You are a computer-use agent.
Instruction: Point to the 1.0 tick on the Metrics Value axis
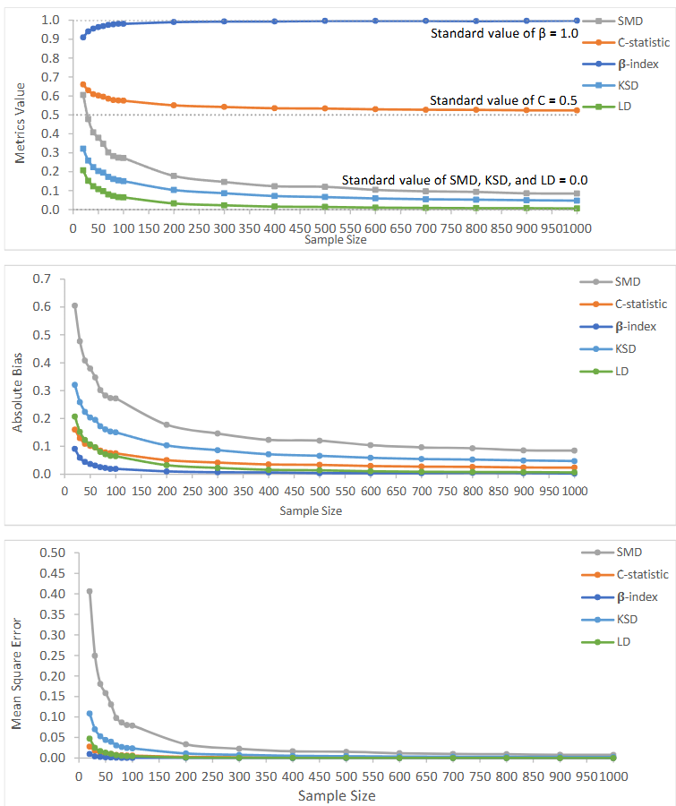(x=51, y=20)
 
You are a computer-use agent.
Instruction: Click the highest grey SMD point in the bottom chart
(x=90, y=591)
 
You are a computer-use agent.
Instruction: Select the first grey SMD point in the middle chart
(x=74, y=305)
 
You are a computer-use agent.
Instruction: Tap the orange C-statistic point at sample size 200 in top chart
(x=174, y=106)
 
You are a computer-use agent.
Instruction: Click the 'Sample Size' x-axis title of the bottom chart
(x=336, y=794)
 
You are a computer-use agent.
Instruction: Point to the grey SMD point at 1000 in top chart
(x=577, y=193)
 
